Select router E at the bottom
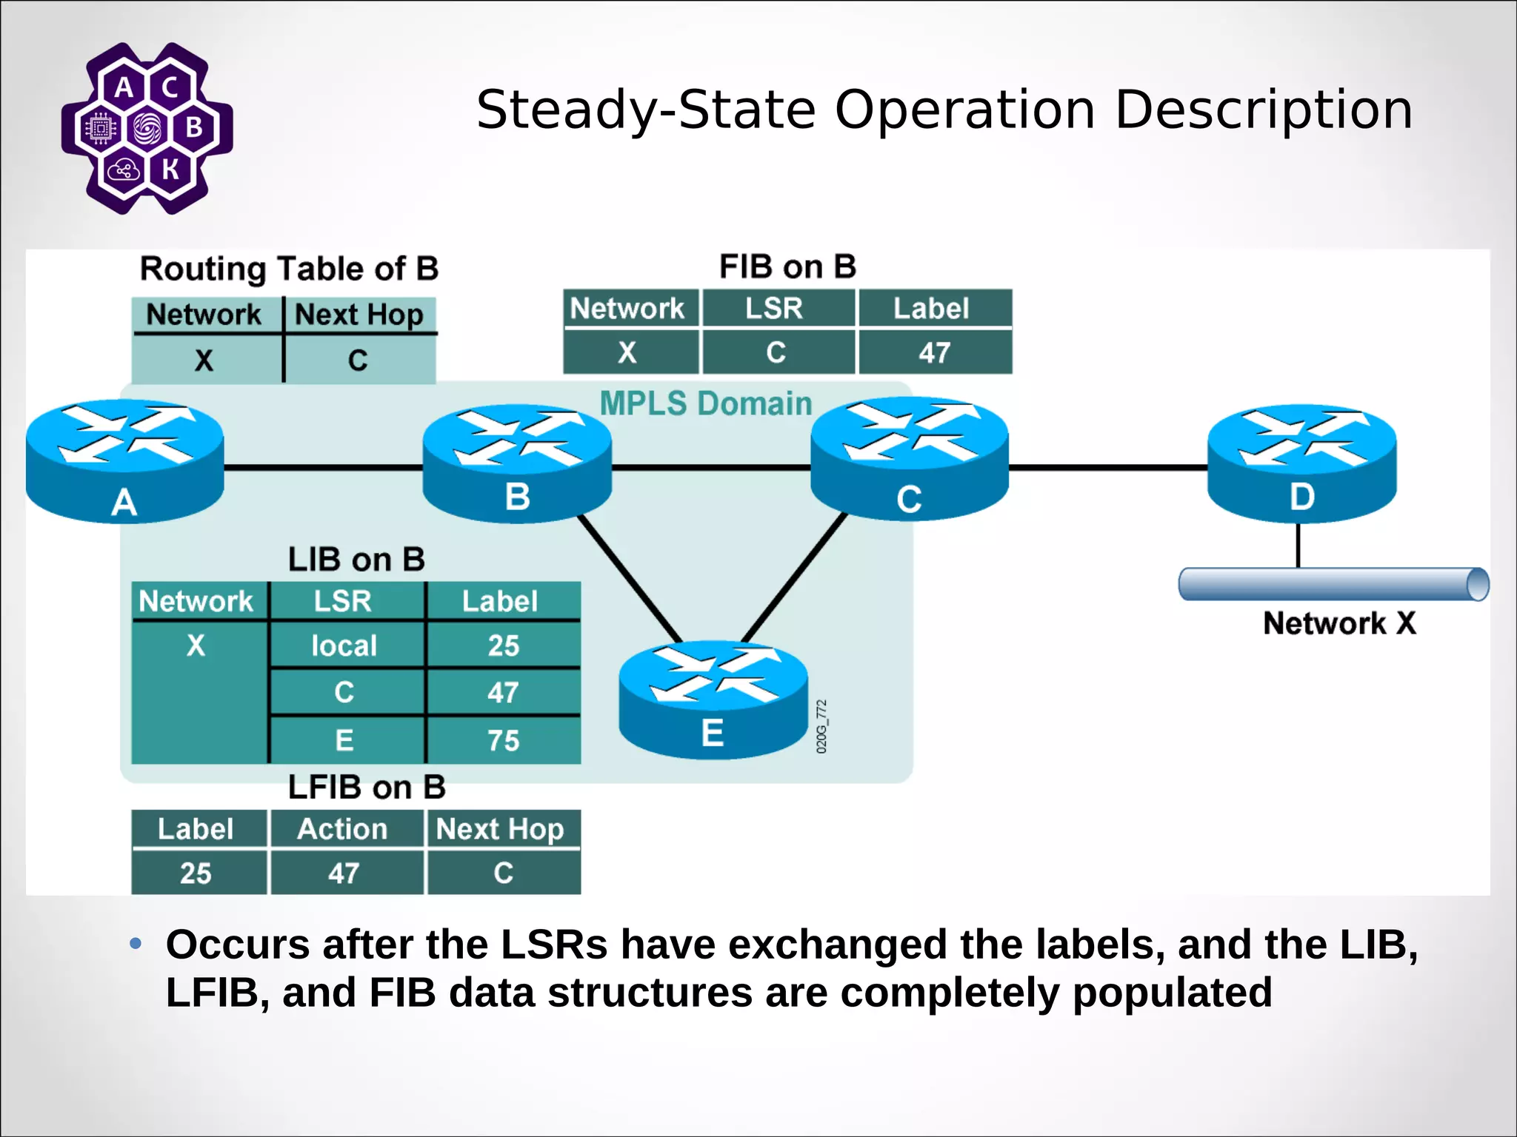[713, 700]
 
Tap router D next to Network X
[1301, 463]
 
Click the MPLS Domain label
[705, 404]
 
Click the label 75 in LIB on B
[503, 740]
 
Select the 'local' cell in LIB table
[344, 645]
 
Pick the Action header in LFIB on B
[343, 829]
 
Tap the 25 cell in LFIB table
[196, 873]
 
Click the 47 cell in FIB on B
[934, 352]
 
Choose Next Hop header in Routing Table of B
[359, 315]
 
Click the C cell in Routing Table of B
[359, 360]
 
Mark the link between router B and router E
[630, 580]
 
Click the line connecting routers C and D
[1107, 468]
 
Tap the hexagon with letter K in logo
[170, 170]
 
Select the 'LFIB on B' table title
[367, 787]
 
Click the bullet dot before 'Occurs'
[136, 944]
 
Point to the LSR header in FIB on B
[774, 309]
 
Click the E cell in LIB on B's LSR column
[344, 740]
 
